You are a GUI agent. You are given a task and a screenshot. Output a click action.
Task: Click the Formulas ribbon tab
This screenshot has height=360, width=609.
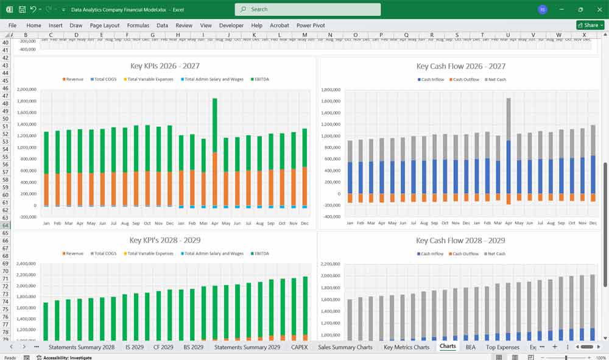point(138,26)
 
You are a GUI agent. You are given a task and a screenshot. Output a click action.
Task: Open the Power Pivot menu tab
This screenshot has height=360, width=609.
point(311,26)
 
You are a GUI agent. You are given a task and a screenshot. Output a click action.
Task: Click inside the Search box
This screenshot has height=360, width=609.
point(308,9)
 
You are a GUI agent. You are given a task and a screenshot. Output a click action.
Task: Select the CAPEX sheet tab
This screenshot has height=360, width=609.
point(300,347)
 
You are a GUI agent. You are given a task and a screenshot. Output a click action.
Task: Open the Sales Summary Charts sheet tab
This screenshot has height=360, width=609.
point(345,347)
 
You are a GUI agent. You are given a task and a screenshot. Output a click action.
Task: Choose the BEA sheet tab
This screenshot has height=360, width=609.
point(470,347)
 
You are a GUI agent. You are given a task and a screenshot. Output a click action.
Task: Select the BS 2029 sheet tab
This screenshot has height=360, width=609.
point(193,347)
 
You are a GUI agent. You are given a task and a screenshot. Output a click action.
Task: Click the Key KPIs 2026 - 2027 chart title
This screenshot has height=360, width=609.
point(165,66)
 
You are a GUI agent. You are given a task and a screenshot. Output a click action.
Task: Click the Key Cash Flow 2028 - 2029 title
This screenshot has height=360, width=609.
point(460,240)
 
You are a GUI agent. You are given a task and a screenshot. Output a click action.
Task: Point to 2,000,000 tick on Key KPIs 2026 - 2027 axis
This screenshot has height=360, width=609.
point(26,90)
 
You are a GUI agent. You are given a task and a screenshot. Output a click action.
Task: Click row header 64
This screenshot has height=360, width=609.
point(5,226)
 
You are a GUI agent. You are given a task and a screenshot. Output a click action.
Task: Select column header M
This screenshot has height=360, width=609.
point(304,35)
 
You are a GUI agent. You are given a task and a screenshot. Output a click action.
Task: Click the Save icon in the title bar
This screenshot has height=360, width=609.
point(22,10)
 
